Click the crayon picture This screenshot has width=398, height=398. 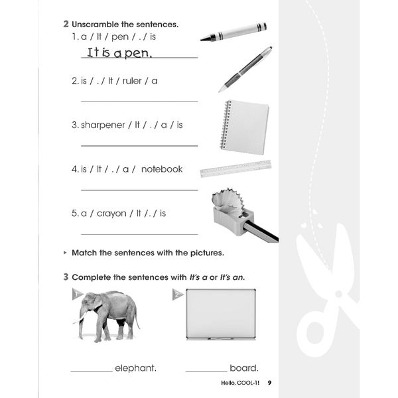tap(233, 32)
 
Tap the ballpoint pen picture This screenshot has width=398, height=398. tap(245, 68)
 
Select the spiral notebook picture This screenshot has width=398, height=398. tap(245, 127)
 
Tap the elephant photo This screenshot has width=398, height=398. tap(107, 314)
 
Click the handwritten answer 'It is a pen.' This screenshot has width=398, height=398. tap(119, 52)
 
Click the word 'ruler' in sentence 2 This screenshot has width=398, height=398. tap(134, 81)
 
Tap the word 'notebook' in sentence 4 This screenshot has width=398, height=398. tap(161, 169)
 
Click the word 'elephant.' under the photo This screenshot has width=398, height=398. tap(135, 368)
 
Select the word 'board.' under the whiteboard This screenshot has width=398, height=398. tap(243, 368)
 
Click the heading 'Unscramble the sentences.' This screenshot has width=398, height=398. tap(125, 24)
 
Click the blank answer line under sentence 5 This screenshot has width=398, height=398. tap(139, 234)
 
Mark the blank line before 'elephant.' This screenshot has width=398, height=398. tap(92, 372)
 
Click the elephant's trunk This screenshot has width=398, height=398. tap(82, 322)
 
